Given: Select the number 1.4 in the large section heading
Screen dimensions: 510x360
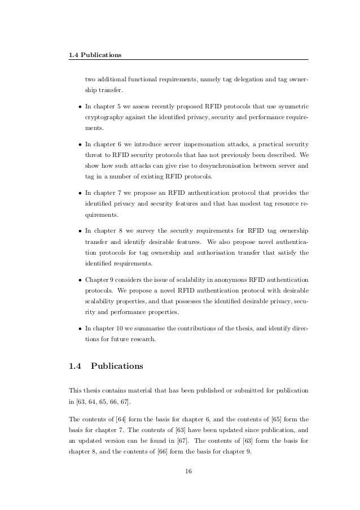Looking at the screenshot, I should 76,366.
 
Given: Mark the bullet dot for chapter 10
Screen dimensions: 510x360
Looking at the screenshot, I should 81,327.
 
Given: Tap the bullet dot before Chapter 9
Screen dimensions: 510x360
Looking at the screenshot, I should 81,280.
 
